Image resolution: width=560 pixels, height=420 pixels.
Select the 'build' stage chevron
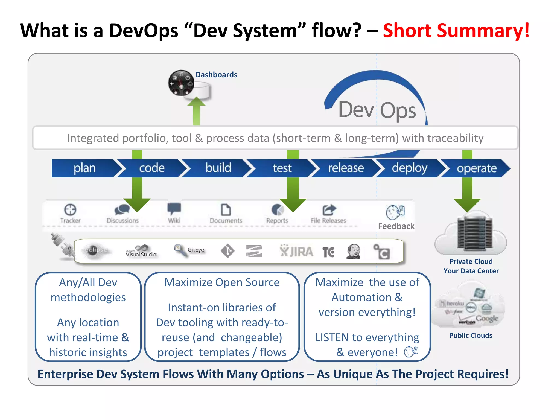coord(218,168)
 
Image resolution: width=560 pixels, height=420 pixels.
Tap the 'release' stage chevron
coord(345,168)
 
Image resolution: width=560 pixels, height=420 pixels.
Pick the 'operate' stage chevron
coord(476,168)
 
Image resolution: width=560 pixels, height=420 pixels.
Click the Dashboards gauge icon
coord(181,83)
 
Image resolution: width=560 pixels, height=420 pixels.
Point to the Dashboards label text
coord(216,75)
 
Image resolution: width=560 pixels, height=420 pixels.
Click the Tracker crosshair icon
coord(70,210)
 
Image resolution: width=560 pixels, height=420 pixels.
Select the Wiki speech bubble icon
coord(174,209)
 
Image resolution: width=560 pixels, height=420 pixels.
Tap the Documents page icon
coord(226,210)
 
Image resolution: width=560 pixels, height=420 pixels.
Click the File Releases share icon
coord(329,210)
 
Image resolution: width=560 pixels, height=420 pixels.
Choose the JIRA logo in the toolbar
coord(296,251)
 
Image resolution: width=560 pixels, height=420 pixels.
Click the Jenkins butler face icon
coord(353,251)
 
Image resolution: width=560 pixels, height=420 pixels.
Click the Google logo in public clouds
coord(487,319)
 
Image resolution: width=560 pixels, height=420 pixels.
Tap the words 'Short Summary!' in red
coord(456,30)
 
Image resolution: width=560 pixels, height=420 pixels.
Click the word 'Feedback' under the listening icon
coord(396,226)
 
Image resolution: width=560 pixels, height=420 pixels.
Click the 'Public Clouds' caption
coord(471,336)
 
